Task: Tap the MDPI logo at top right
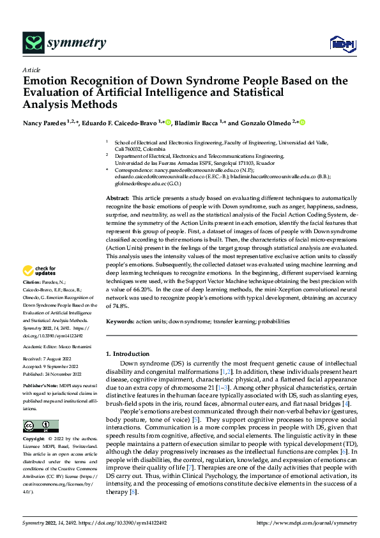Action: pyautogui.click(x=340, y=43)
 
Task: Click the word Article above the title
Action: pyautogui.click(x=31, y=70)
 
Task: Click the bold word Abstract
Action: pyautogui.click(x=117, y=181)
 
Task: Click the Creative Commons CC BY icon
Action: pyautogui.click(x=40, y=426)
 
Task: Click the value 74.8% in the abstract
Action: pyautogui.click(x=117, y=307)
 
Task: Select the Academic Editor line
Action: pyautogui.click(x=59, y=346)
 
